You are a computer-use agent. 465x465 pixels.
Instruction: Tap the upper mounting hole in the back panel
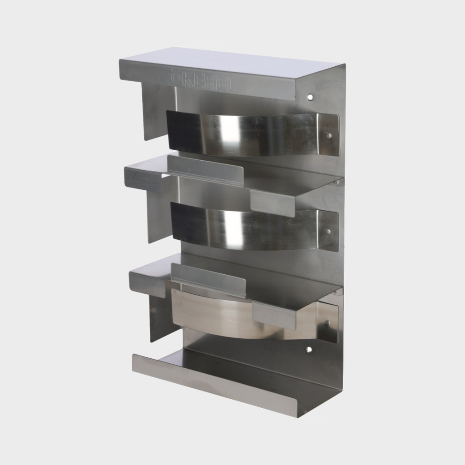point(310,97)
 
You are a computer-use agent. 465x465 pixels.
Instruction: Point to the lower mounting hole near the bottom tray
point(309,350)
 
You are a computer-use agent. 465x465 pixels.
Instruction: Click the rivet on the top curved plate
point(329,135)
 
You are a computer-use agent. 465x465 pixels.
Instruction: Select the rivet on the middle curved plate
point(328,231)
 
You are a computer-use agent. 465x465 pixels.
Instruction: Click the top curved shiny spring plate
point(245,133)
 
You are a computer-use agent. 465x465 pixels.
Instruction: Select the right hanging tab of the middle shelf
point(272,203)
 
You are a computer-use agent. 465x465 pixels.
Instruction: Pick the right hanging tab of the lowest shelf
point(274,315)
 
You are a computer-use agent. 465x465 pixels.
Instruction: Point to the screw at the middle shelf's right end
point(336,183)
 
